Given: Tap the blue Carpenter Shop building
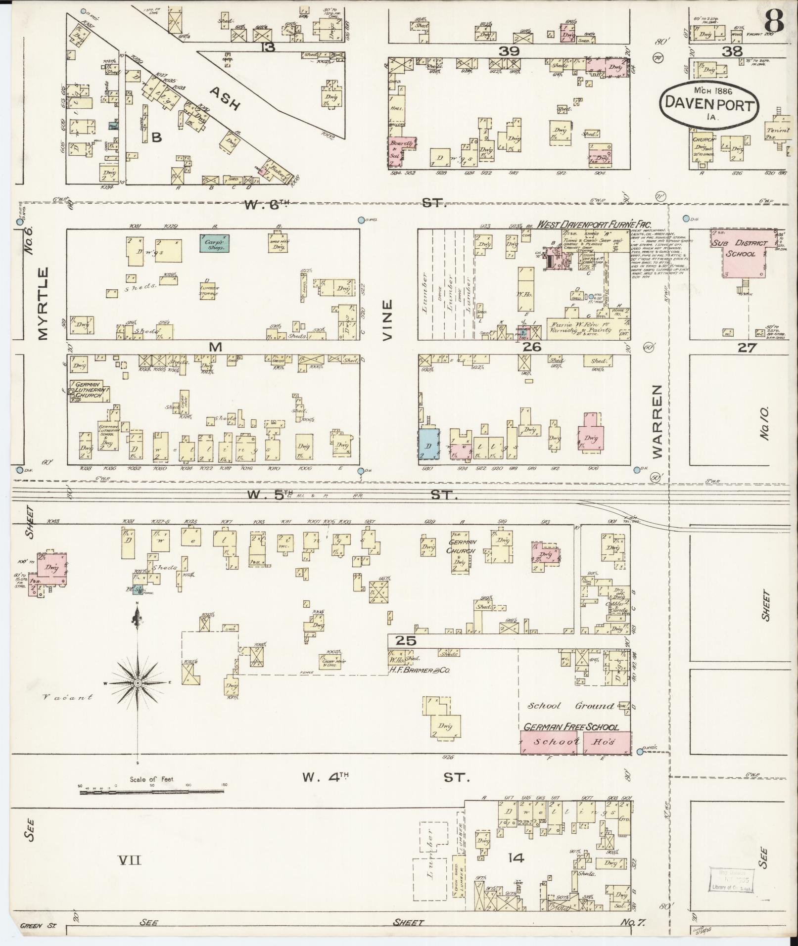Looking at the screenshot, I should [215, 243].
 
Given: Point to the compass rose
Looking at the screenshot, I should [138, 683].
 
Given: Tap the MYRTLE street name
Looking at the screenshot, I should [43, 303].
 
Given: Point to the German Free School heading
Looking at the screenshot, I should [571, 727].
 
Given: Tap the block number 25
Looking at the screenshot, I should [405, 641].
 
